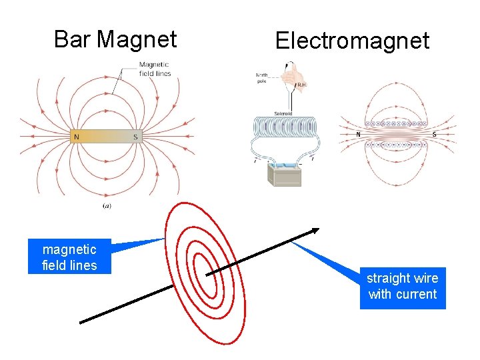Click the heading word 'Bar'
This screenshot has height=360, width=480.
click(x=72, y=39)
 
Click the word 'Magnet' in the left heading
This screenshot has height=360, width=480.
click(x=137, y=39)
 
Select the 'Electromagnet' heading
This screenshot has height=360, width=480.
click(x=352, y=41)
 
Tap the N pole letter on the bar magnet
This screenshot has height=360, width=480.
click(x=77, y=137)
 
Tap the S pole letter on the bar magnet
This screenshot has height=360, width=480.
click(x=135, y=137)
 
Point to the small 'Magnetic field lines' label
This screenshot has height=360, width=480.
click(x=155, y=69)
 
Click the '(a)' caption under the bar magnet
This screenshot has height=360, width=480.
click(x=107, y=206)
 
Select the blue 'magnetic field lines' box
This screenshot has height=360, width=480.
click(x=69, y=257)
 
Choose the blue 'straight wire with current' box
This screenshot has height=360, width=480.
click(x=402, y=287)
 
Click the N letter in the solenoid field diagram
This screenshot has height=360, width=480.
click(x=358, y=134)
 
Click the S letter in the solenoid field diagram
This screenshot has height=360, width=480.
click(x=435, y=134)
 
